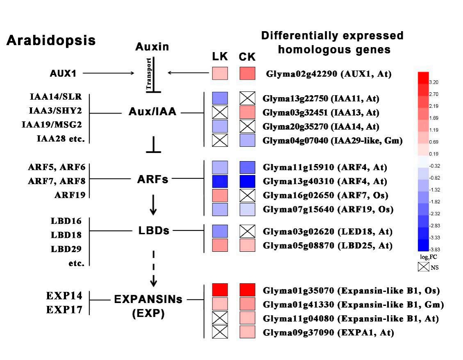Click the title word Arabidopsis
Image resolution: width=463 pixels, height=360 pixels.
(x=51, y=41)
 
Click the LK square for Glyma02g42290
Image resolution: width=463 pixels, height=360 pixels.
(x=220, y=73)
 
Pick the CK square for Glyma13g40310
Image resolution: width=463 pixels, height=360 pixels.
(x=247, y=181)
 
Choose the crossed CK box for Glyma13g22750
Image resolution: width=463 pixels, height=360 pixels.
(x=247, y=98)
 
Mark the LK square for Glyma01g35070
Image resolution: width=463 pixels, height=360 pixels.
(x=220, y=290)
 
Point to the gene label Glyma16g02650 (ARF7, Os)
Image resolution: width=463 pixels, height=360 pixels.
(x=325, y=195)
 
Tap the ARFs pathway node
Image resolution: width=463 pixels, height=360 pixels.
(x=152, y=180)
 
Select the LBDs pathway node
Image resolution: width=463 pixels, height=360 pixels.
(x=154, y=230)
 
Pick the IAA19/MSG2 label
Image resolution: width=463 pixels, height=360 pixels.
(x=53, y=125)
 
